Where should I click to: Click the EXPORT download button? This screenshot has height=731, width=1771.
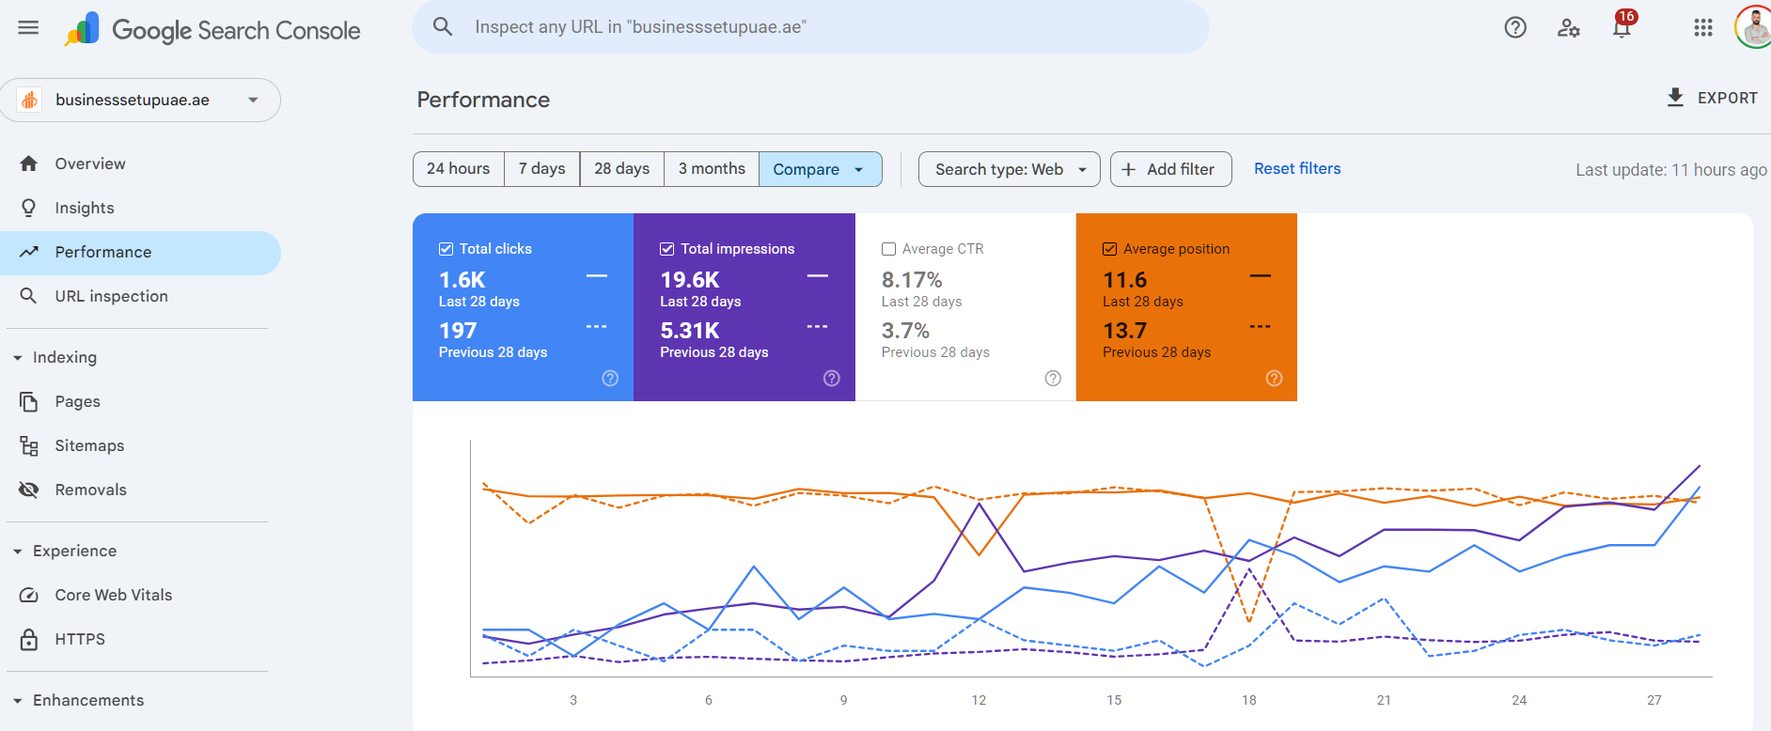[x=1712, y=98]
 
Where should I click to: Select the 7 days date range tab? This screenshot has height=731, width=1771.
[x=541, y=169]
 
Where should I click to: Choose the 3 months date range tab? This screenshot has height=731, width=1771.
[x=712, y=169]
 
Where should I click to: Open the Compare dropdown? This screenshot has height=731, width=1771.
[x=819, y=169]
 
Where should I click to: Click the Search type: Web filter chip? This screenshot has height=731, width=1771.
[x=1009, y=169]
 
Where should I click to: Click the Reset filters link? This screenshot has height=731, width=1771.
[x=1297, y=169]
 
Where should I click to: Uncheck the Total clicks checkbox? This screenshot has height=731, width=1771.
[x=447, y=249]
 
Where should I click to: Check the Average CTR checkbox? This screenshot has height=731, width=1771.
[x=888, y=249]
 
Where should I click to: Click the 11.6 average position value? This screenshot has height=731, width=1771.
[x=1124, y=280]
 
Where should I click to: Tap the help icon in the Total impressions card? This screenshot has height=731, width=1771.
[x=832, y=379]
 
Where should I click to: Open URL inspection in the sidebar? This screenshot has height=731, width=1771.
[x=111, y=296]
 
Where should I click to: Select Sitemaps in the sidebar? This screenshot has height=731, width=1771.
[x=89, y=445]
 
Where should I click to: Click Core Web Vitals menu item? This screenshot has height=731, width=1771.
[x=113, y=595]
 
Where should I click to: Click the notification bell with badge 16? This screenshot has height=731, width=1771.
[x=1622, y=28]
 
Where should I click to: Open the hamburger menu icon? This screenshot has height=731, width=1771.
[x=28, y=27]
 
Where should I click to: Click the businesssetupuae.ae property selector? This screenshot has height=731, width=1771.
[x=141, y=101]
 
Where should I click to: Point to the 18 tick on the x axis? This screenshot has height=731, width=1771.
[x=1249, y=700]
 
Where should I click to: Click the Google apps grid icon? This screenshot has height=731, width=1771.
[x=1703, y=28]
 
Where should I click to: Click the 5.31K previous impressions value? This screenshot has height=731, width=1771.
[x=690, y=331]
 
